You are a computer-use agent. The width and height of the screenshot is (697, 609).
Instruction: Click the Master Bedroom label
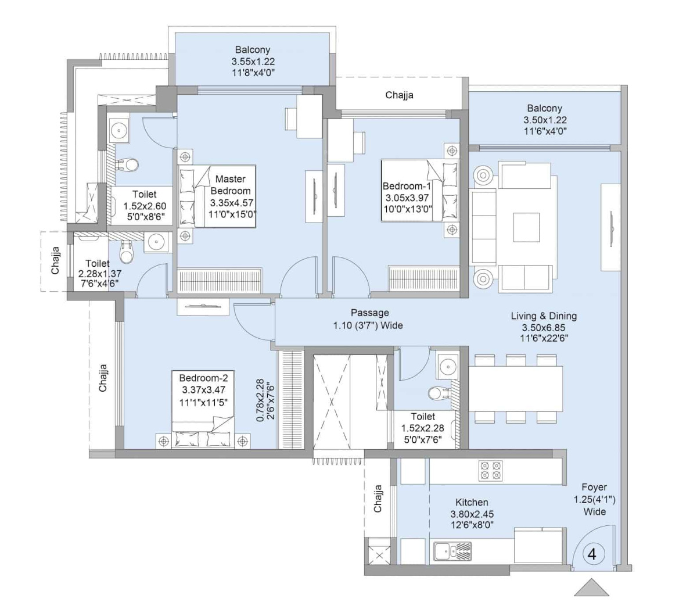tap(231, 185)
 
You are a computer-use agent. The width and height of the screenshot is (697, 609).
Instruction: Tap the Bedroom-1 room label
tap(407, 187)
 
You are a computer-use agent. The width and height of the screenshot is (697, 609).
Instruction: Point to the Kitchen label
tap(472, 502)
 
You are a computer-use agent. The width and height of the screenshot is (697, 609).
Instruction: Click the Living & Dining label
tap(544, 316)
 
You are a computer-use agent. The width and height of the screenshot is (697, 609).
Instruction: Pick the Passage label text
tap(369, 313)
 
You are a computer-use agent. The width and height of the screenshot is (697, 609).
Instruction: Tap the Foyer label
tap(594, 488)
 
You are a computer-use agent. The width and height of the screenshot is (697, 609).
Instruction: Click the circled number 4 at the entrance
tap(592, 554)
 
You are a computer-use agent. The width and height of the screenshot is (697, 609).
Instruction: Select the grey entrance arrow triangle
tap(591, 588)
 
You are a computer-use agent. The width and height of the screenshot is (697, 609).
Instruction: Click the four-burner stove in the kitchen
tap(490, 471)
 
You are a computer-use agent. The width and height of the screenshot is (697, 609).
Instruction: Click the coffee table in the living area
tap(526, 227)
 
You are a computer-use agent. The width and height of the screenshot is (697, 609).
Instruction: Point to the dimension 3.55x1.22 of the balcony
tap(253, 61)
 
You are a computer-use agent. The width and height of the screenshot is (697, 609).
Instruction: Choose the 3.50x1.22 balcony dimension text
tap(544, 120)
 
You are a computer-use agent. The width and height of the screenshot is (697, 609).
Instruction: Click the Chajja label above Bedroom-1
tap(399, 95)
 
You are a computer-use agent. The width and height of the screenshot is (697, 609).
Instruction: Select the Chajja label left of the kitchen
tap(378, 499)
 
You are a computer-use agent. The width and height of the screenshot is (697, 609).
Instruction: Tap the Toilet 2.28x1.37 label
tap(97, 263)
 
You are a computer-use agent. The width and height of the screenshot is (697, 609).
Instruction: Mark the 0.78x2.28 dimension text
tap(260, 401)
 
